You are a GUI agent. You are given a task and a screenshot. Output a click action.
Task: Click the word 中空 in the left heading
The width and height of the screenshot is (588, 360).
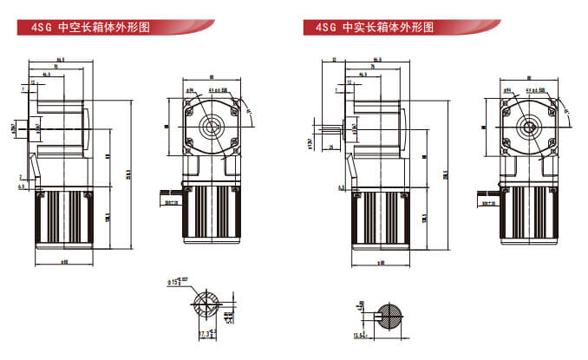point(68,28)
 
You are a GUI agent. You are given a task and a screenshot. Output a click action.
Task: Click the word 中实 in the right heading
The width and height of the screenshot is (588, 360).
point(353,28)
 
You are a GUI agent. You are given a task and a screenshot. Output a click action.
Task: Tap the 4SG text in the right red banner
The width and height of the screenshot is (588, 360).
point(325,28)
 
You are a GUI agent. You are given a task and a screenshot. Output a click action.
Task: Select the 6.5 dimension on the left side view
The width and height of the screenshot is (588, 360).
point(20,185)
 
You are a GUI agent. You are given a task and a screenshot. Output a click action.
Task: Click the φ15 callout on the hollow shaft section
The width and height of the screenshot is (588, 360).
point(174,281)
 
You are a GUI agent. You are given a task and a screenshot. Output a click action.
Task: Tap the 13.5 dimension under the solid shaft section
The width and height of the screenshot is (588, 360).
point(358,335)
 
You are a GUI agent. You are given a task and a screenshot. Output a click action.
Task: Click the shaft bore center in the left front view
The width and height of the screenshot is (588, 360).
point(211,127)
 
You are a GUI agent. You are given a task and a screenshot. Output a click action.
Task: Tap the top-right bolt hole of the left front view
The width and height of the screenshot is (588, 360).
point(233,104)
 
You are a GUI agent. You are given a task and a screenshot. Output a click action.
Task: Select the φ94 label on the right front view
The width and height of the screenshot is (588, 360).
point(505,89)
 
